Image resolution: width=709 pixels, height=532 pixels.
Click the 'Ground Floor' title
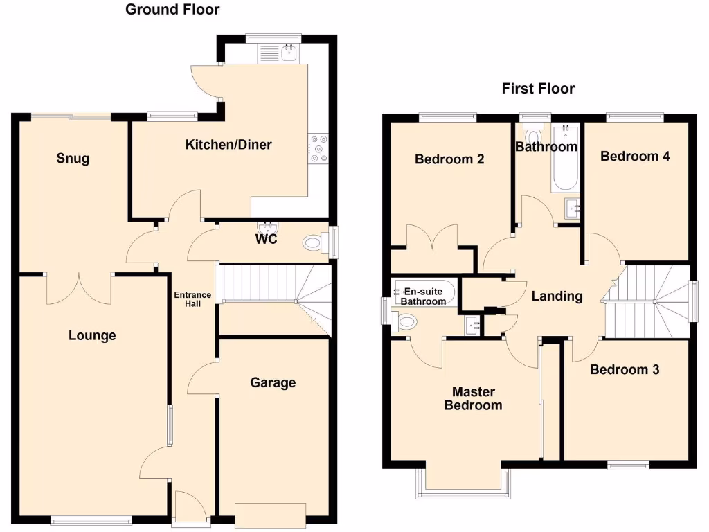tap(172, 10)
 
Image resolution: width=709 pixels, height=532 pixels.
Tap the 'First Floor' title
tap(538, 89)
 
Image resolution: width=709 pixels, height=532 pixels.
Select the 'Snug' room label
tap(73, 159)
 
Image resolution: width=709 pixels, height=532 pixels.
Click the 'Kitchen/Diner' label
tap(228, 145)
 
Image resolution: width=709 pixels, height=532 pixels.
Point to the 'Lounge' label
tap(92, 336)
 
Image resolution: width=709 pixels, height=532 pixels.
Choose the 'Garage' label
tap(273, 382)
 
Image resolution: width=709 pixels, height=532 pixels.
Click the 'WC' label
tap(267, 240)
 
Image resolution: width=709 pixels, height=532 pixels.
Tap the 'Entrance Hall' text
tap(192, 299)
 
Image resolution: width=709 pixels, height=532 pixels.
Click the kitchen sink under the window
tap(288, 53)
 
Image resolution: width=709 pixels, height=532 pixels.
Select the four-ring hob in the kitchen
tap(319, 148)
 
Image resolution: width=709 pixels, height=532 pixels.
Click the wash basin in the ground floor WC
tap(267, 227)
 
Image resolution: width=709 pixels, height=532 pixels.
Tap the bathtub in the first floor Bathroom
tap(565, 158)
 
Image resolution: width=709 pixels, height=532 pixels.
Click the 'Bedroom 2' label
tap(449, 159)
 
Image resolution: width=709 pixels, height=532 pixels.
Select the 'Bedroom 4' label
tap(634, 156)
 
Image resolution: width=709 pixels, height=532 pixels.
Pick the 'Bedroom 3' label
tap(624, 370)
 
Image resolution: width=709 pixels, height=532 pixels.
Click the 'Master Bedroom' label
tap(473, 398)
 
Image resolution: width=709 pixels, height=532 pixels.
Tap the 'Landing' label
tap(557, 296)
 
